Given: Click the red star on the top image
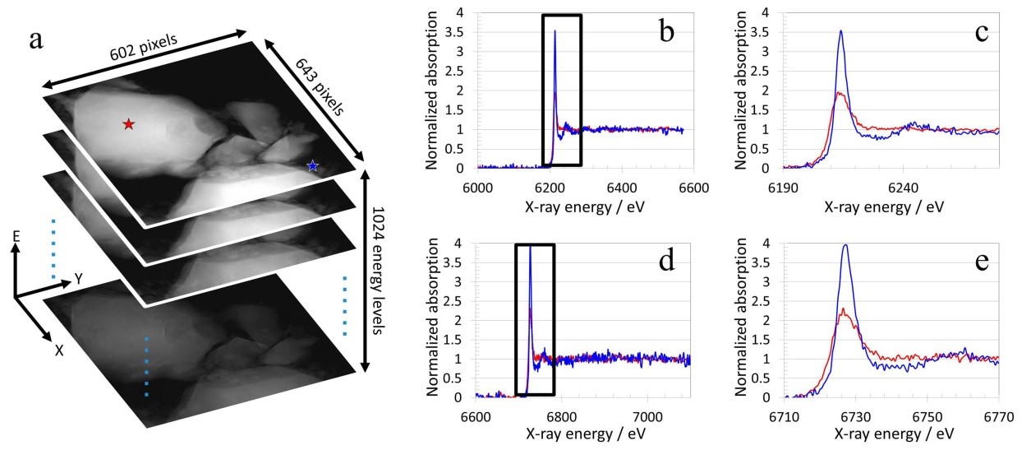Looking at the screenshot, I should [x=128, y=124].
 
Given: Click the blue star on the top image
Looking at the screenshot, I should [x=312, y=166].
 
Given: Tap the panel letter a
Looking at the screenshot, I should [x=36, y=39].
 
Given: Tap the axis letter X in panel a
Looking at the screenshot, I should [x=58, y=350].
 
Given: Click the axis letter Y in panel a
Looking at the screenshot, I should [x=79, y=278].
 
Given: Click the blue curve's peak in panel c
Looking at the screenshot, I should [x=840, y=31].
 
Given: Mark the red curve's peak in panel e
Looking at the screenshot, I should [x=843, y=309].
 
